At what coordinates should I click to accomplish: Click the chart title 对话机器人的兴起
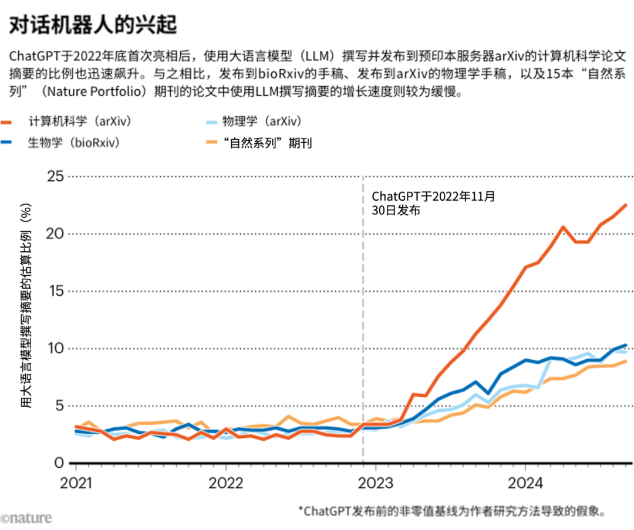click(x=93, y=25)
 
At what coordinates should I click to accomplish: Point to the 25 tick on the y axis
click(x=55, y=176)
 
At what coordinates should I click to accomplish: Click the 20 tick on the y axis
click(x=55, y=234)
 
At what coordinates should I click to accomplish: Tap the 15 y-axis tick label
click(x=56, y=291)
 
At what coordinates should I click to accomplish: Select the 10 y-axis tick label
click(x=56, y=349)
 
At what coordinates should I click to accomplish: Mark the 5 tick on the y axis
click(x=60, y=406)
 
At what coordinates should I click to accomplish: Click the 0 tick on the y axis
click(x=59, y=463)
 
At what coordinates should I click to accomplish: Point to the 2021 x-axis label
click(x=76, y=483)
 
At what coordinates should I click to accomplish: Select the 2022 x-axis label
click(x=225, y=483)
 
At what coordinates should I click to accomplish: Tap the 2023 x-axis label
click(x=376, y=483)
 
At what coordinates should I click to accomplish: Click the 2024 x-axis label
click(x=525, y=483)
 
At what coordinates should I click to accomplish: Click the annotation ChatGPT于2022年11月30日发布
click(x=433, y=203)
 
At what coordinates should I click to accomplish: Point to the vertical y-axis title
click(x=26, y=306)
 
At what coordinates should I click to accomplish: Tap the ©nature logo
click(x=26, y=518)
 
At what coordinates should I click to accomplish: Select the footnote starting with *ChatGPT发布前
click(x=452, y=511)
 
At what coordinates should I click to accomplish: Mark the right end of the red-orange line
click(x=626, y=205)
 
